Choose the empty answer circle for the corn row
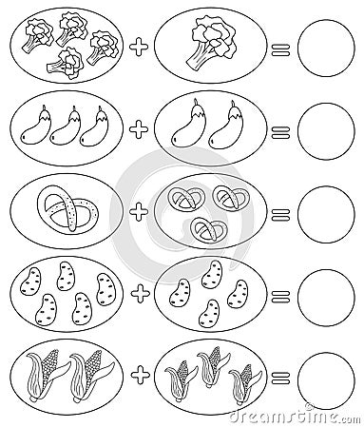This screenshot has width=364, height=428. click(323, 375)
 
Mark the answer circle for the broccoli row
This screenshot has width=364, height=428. click(323, 46)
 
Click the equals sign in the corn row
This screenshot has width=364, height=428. click(278, 375)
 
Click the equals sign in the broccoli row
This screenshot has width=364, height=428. click(278, 47)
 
